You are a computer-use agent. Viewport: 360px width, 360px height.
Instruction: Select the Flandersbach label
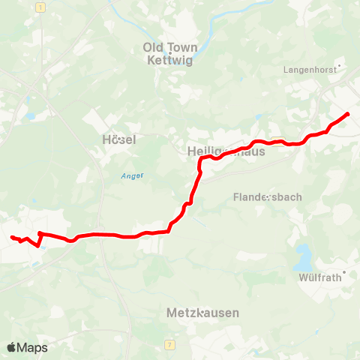[x=268, y=197]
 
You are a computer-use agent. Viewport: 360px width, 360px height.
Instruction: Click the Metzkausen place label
[x=203, y=313]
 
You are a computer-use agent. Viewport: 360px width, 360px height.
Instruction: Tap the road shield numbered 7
[x=171, y=343]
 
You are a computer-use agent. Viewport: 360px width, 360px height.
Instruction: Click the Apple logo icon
[x=11, y=347]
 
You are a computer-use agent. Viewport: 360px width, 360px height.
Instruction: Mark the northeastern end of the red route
[x=348, y=113]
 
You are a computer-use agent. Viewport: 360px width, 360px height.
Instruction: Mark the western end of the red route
[x=11, y=237]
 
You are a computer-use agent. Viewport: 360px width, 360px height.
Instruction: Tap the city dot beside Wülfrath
[x=344, y=272]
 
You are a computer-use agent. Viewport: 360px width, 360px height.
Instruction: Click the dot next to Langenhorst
[x=340, y=67]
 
